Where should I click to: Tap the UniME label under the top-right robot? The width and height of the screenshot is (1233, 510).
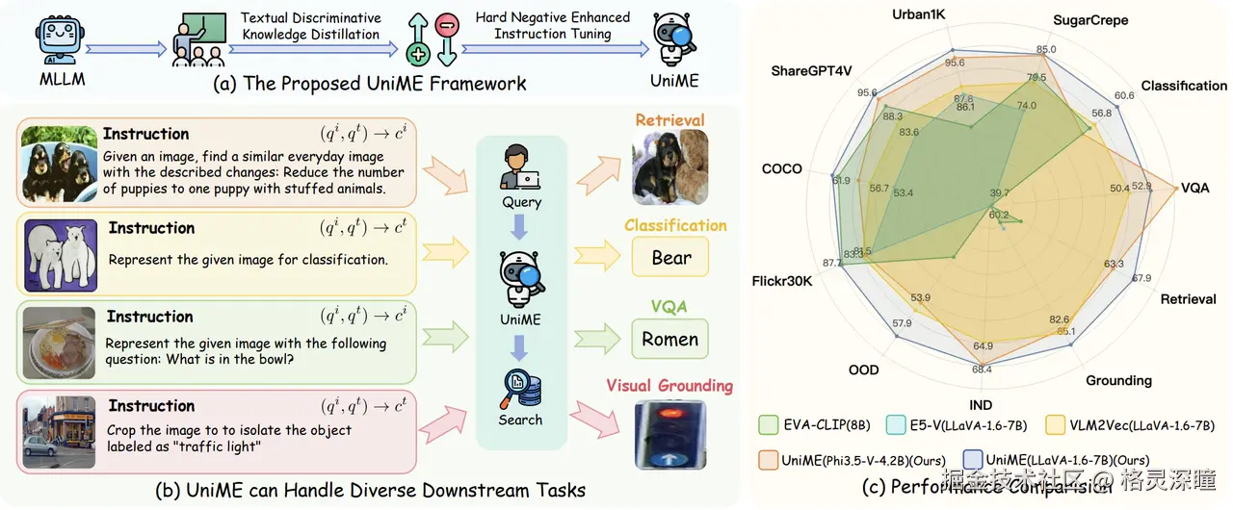coord(673,81)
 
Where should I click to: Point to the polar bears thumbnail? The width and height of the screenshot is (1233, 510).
coord(60,253)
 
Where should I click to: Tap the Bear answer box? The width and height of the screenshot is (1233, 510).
coord(670,257)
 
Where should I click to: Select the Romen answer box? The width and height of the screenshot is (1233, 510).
coord(669,339)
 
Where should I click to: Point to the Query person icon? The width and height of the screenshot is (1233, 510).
coord(521,169)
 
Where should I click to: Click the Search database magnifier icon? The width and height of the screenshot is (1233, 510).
coord(521,390)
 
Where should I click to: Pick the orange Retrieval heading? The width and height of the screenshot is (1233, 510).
coord(669,120)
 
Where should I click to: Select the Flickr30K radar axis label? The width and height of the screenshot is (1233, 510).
coord(782,281)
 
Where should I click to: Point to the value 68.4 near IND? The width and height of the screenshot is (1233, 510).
coord(982,369)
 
